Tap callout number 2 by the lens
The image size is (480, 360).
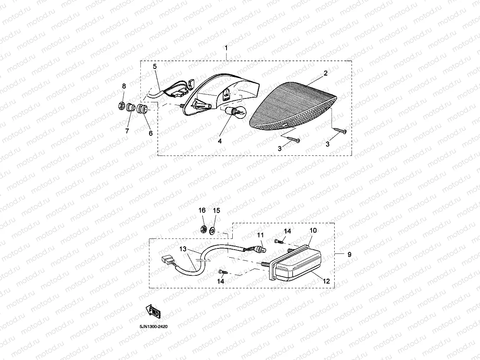(x=325, y=73)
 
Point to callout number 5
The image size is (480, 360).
(x=155, y=67)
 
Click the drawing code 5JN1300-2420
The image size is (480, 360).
(x=153, y=327)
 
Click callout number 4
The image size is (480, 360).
(x=220, y=141)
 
